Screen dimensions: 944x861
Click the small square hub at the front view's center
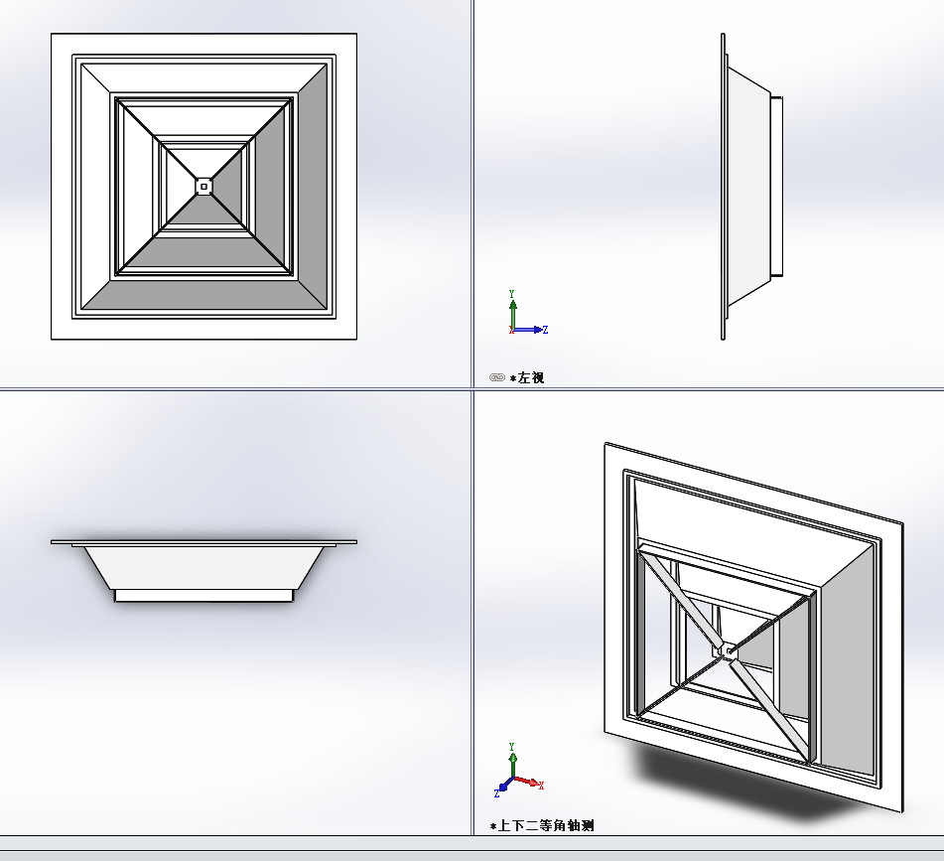coord(204,187)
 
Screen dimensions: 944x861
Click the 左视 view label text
coord(530,378)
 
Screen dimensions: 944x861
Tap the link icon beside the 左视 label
coord(496,377)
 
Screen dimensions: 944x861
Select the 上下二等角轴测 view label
coord(545,825)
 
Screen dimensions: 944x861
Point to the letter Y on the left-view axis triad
coord(512,294)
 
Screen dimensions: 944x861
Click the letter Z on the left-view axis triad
coord(545,330)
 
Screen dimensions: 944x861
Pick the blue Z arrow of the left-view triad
coord(528,330)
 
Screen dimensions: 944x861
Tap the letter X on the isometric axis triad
coord(541,786)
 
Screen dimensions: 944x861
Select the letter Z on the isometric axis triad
coord(496,794)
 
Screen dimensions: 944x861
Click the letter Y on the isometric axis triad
coord(512,747)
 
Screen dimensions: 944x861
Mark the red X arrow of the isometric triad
coord(526,782)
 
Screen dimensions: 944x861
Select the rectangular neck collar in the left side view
coord(776,187)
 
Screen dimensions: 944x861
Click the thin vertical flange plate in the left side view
coord(723,187)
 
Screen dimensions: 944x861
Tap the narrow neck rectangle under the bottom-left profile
coord(204,596)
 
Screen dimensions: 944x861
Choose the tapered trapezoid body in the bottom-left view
coord(204,568)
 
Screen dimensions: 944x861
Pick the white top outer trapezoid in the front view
coord(204,78)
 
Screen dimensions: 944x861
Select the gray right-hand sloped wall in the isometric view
coord(848,668)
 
